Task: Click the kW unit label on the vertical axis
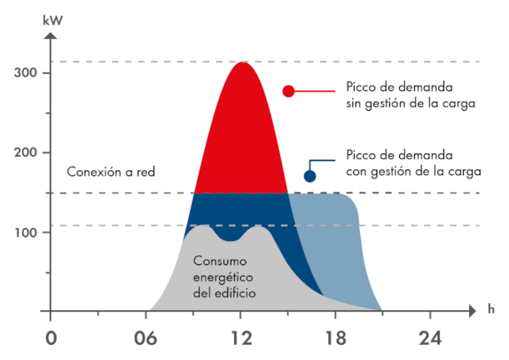pos(52,15)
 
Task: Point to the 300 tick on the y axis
pos(27,73)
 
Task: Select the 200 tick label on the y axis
pos(27,152)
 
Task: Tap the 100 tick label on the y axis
pos(27,232)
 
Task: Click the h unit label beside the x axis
pos(492,308)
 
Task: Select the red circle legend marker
pos(289,91)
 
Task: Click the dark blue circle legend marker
pos(310,175)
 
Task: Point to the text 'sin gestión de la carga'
pos(410,104)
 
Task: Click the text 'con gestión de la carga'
pos(410,172)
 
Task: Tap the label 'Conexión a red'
pos(111,172)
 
